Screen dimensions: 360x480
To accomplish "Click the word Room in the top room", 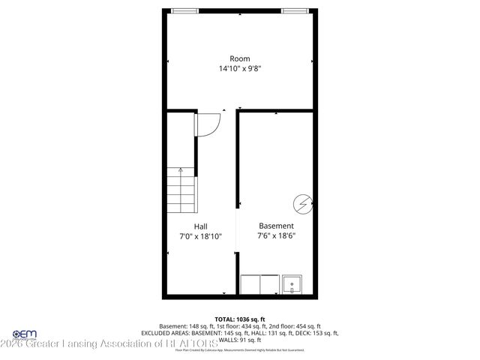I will pyautogui.click(x=239, y=58).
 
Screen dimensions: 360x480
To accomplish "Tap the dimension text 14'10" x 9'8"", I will pyautogui.click(x=239, y=68).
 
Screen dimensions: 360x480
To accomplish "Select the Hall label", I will pyautogui.click(x=200, y=226).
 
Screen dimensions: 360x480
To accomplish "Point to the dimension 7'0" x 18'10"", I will pyautogui.click(x=200, y=235).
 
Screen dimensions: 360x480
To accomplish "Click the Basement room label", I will pyautogui.click(x=276, y=226).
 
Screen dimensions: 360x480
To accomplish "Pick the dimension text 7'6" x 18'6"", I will pyautogui.click(x=276, y=235).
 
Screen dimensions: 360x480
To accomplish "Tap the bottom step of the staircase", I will pyautogui.click(x=180, y=211).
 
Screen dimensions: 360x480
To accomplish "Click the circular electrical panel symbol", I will pyautogui.click(x=301, y=202).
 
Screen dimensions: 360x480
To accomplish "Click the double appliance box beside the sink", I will pyautogui.click(x=258, y=285).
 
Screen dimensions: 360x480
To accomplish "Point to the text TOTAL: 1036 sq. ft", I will pyautogui.click(x=239, y=319).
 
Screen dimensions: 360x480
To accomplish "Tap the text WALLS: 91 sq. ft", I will pyautogui.click(x=239, y=340).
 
